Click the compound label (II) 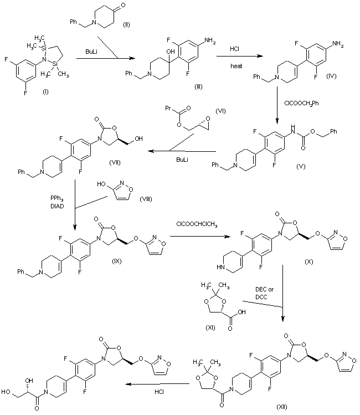126,25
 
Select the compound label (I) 45,92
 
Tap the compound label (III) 198,86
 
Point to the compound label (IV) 331,76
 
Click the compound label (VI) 220,111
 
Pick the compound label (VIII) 146,199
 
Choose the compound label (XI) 210,327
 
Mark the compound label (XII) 281,407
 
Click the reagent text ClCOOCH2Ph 301,103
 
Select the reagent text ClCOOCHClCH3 197,224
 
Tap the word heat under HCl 236,66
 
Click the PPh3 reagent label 57,198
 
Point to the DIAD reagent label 57,206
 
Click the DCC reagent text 261,297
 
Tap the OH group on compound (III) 171,52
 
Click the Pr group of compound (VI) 168,108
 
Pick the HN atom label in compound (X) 220,267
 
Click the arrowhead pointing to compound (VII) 151,151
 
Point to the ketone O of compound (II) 123,6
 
